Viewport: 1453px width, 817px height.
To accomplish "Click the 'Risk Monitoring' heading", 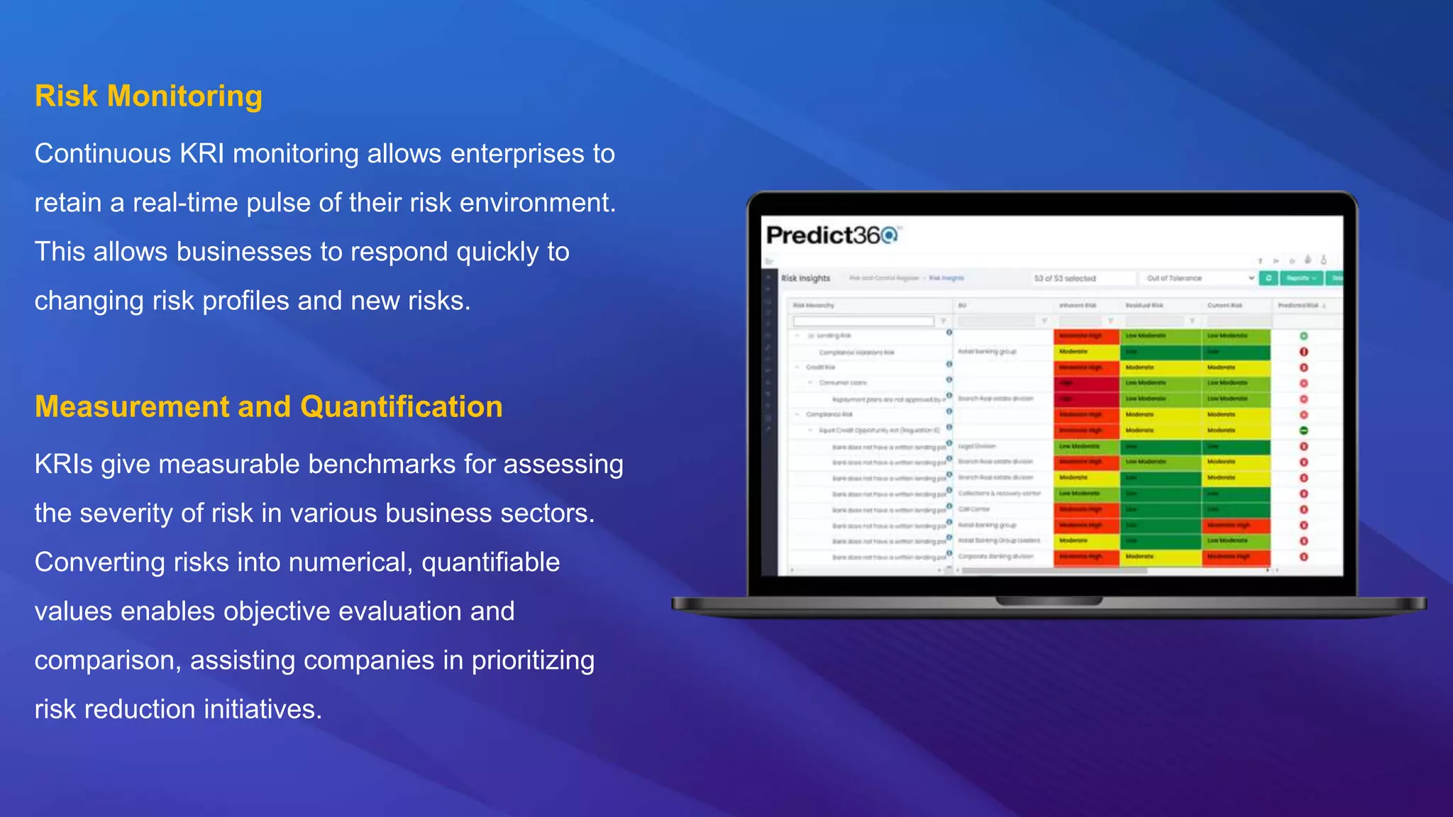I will (148, 96).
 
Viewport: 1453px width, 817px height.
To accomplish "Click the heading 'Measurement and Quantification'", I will (268, 407).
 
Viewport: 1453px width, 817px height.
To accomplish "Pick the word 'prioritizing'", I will (533, 660).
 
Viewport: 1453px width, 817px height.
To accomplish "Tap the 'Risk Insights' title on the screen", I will (805, 278).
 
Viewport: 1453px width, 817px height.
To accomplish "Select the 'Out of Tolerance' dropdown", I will (1199, 278).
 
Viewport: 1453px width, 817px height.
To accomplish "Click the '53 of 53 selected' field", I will (1082, 278).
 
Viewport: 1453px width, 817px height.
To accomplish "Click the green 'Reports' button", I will (1301, 278).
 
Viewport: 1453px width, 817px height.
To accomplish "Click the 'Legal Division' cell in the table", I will (977, 446).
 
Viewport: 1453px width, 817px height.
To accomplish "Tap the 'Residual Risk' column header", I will (1144, 305).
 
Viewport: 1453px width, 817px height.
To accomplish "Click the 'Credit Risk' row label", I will (820, 367).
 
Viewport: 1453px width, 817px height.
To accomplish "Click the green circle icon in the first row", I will (1303, 336).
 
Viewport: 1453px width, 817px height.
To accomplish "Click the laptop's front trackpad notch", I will (1049, 601).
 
